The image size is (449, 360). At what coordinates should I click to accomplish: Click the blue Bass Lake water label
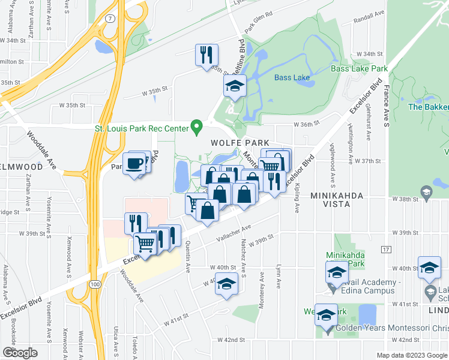[291, 77]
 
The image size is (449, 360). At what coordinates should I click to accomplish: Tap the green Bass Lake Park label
[359, 69]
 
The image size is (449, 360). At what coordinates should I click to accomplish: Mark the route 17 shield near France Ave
[385, 248]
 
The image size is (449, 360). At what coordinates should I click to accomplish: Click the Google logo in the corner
[20, 353]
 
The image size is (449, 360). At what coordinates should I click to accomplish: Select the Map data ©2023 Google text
[412, 355]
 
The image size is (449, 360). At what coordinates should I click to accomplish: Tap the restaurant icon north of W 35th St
[204, 55]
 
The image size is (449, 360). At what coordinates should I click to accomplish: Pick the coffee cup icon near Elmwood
[134, 163]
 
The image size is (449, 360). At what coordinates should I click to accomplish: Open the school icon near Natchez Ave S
[226, 283]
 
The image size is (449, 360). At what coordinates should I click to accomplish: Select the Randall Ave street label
[369, 15]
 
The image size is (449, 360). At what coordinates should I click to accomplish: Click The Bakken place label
[428, 107]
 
